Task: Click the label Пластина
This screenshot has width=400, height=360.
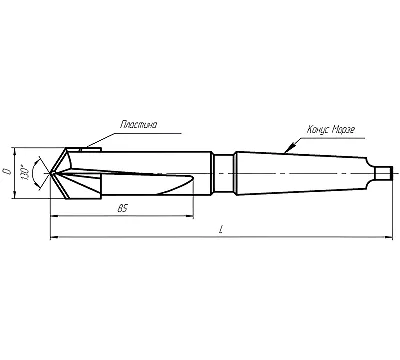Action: pos(138,125)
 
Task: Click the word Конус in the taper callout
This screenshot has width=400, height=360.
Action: pos(318,129)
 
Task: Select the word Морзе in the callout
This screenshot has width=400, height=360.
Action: pos(343,129)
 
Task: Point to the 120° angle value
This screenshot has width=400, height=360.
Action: pos(25,172)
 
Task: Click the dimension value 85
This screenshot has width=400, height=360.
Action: pos(123,209)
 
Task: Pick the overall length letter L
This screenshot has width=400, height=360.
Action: pos(220,229)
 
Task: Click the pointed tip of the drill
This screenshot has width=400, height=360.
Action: pos(50,173)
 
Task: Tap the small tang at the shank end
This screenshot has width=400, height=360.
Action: pos(383,173)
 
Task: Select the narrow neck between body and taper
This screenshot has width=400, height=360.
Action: pos(224,173)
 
